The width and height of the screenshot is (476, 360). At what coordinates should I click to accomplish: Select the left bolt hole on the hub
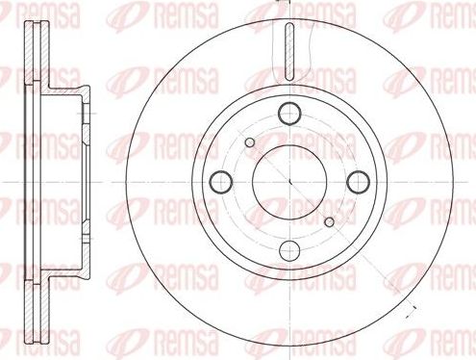(220, 180)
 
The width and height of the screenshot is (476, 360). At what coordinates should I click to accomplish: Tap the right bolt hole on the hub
(358, 180)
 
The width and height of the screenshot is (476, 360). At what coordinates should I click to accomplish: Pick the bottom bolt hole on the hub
(289, 249)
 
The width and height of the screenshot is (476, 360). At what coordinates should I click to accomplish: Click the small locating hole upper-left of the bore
(250, 142)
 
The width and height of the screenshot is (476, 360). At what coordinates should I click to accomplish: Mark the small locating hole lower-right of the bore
(328, 219)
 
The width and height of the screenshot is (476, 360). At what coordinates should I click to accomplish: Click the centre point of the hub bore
(289, 180)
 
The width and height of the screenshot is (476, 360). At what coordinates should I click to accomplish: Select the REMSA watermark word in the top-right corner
(447, 15)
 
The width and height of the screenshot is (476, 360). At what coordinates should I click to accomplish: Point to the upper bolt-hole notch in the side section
(85, 115)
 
